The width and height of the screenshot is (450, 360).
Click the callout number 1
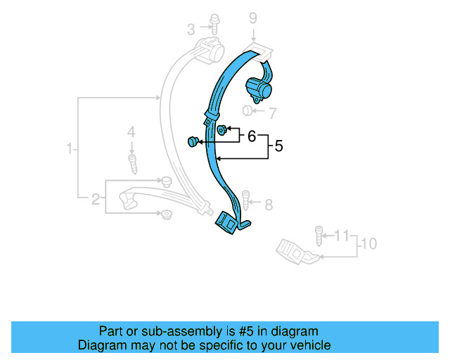70,148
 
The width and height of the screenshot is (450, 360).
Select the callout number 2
96,200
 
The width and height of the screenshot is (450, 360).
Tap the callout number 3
191,29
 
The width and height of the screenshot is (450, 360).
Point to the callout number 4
130,131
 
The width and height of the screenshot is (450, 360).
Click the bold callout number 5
278,146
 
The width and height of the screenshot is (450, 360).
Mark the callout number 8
268,205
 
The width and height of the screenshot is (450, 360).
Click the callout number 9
253,19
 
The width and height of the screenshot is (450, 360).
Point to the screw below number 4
131,163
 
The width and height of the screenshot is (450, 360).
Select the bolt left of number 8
246,200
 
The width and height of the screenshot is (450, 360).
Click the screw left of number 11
319,234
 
